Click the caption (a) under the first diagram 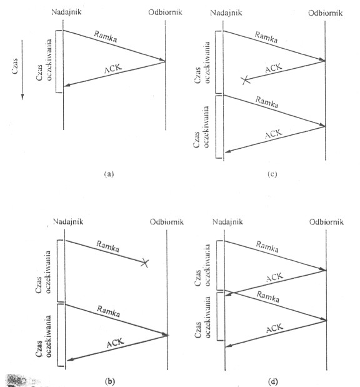click(109, 174)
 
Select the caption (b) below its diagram click(110, 381)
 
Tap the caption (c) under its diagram click(272, 174)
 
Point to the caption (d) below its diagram click(272, 381)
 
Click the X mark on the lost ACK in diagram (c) click(246, 80)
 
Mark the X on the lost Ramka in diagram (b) click(145, 263)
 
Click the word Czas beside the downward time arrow click(15, 66)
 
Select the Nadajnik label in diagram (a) click(66, 12)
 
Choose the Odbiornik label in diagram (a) click(166, 12)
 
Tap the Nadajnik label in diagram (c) click(226, 13)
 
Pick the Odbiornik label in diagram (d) click(326, 222)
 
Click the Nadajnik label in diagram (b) click(68, 221)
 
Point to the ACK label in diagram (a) click(113, 68)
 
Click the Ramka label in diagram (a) click(106, 36)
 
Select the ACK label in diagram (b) click(115, 343)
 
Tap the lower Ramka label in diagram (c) click(267, 102)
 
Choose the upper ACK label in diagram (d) click(274, 277)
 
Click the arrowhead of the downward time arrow click(22, 97)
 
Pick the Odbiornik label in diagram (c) click(325, 13)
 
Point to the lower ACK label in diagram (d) click(274, 328)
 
